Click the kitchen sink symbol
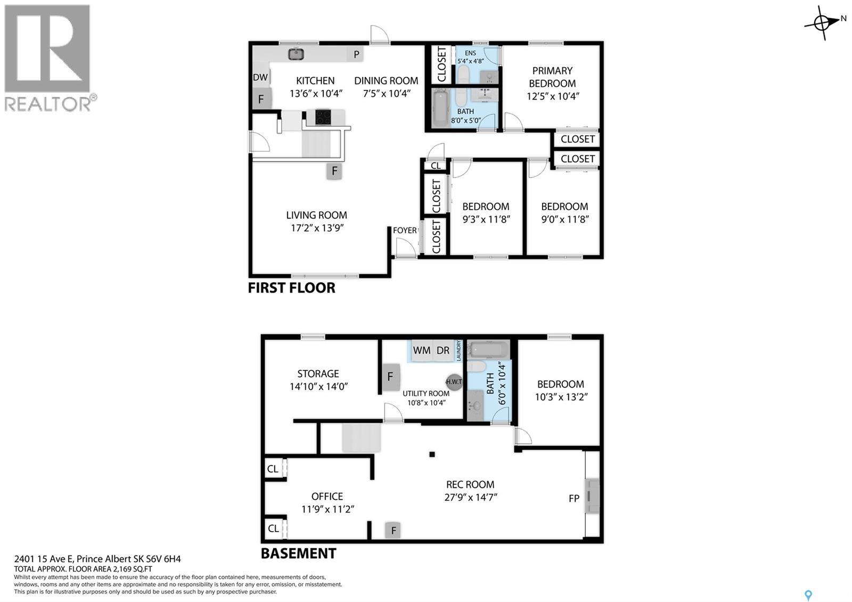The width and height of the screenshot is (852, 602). (x=296, y=54)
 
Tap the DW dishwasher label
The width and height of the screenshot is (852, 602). (x=260, y=77)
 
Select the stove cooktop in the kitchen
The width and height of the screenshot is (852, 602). (x=323, y=117)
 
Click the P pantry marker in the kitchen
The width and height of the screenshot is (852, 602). (x=356, y=54)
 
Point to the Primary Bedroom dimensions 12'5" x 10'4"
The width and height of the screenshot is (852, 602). (x=553, y=96)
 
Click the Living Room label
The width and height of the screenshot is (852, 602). (x=316, y=215)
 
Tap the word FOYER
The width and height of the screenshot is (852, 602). (x=405, y=230)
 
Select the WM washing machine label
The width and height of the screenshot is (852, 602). (x=421, y=350)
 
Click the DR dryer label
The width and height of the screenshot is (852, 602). (x=443, y=350)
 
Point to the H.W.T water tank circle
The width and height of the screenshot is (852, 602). (x=454, y=381)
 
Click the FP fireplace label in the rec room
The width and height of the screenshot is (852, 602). (x=574, y=498)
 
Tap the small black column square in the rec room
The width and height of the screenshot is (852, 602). (x=432, y=454)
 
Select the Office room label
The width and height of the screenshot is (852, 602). (x=327, y=496)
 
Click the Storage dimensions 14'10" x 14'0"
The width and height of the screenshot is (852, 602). (x=319, y=387)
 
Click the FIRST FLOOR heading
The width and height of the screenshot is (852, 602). (x=292, y=288)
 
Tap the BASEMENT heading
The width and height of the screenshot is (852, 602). (x=299, y=554)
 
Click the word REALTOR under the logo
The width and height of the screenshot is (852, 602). (x=47, y=104)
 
